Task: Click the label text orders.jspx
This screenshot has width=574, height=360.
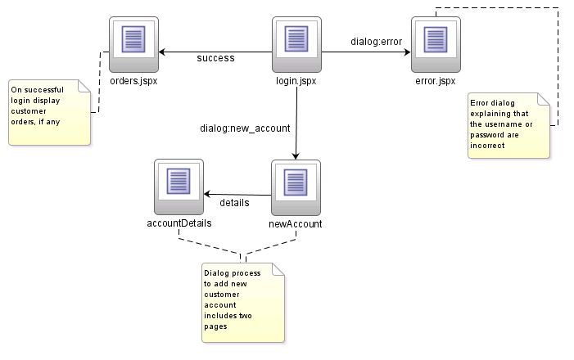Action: tap(133, 81)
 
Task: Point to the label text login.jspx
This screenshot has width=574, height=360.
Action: tap(296, 81)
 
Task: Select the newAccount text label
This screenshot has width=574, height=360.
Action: tap(296, 223)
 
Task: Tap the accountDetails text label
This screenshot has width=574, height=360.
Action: tap(179, 223)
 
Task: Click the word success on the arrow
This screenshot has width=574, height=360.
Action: tap(215, 58)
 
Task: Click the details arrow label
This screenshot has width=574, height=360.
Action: tap(234, 201)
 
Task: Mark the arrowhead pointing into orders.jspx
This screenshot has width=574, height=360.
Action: tap(163, 52)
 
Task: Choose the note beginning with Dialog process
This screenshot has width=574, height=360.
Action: tap(243, 302)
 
